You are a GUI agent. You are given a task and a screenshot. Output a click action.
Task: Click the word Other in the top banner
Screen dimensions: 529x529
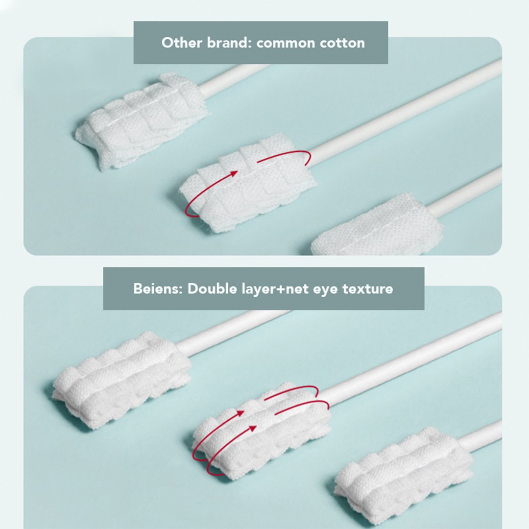[x=182, y=43]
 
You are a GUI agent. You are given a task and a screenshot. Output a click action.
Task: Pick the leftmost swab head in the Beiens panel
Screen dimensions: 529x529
[x=121, y=380]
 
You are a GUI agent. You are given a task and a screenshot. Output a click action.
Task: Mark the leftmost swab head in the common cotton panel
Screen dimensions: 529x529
[x=142, y=120]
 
